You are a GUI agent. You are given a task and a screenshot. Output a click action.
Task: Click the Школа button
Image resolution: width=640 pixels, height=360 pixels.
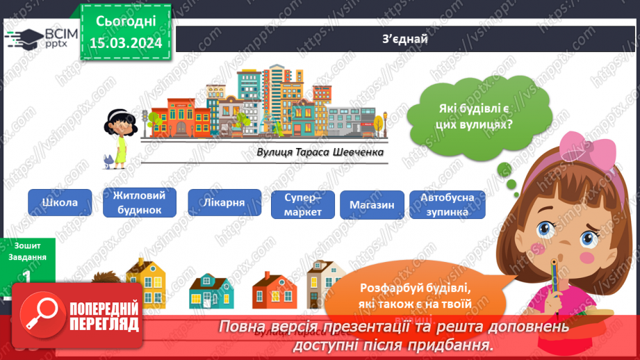(60, 202)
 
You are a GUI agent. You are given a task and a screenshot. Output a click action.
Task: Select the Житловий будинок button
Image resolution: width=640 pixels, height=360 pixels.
(139, 202)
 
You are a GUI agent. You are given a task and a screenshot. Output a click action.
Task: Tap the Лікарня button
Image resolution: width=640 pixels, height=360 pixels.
(225, 202)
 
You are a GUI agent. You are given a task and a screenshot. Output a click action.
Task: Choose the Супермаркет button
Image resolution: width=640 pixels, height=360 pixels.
(303, 204)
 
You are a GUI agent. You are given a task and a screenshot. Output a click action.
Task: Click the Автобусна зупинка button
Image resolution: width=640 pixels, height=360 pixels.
(448, 204)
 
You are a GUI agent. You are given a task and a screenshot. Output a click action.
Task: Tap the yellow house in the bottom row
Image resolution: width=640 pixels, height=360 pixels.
(148, 281)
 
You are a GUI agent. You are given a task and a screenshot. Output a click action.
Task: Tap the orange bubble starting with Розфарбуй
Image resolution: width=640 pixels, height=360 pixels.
(416, 296)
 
